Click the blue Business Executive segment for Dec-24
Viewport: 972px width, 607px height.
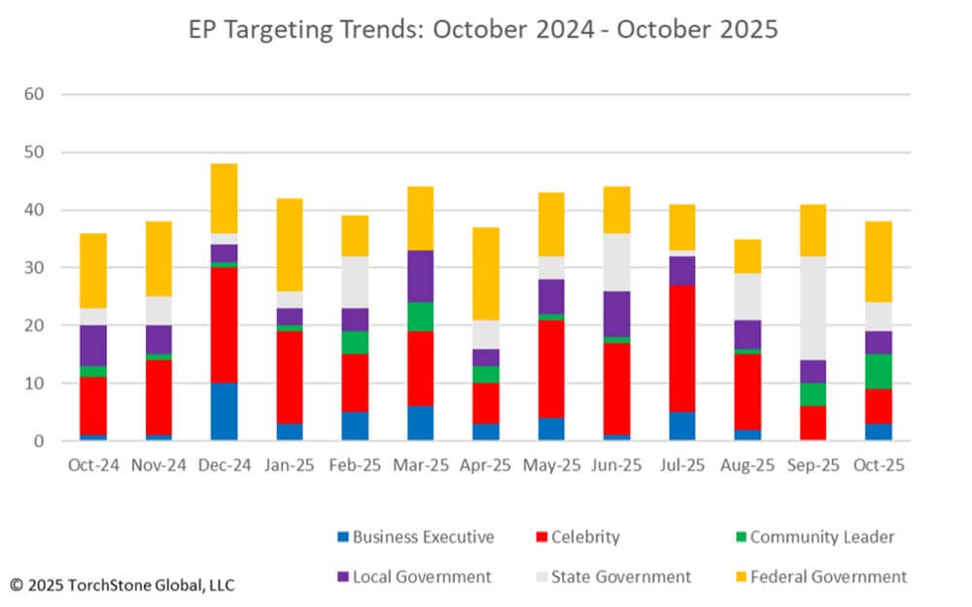[225, 412]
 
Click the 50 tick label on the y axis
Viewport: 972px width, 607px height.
[36, 152]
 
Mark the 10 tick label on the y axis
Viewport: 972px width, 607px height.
[36, 384]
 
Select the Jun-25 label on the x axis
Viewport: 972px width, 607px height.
[617, 465]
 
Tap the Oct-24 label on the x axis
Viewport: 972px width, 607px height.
[93, 465]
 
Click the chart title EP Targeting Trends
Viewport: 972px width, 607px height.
[483, 29]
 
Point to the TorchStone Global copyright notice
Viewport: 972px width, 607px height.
[122, 585]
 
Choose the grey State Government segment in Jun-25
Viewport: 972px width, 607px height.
[617, 262]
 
